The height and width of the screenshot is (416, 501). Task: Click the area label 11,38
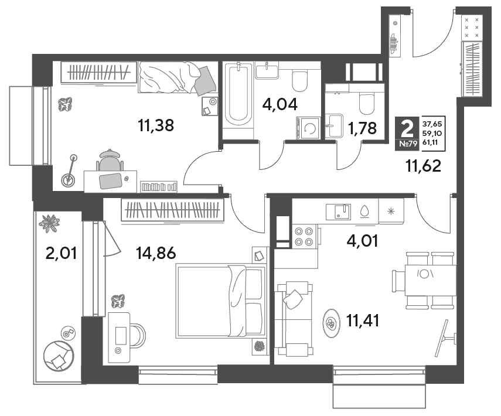(156, 125)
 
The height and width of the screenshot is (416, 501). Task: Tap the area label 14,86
(156, 253)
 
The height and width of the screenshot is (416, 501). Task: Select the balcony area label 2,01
(61, 253)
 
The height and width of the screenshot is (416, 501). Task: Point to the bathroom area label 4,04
(280, 104)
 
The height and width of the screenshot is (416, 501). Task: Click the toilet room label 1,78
(362, 128)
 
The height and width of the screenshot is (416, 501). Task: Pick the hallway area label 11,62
(423, 166)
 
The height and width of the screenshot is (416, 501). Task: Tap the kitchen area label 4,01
(362, 241)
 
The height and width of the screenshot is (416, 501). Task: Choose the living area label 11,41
(363, 320)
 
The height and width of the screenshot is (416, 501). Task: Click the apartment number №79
(408, 144)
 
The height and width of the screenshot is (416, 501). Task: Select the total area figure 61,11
(430, 142)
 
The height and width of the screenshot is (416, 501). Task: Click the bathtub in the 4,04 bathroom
(238, 96)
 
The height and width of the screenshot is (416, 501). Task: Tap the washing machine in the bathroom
(308, 128)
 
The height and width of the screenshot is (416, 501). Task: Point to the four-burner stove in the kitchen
(304, 236)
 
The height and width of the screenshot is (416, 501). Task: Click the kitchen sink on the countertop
(338, 212)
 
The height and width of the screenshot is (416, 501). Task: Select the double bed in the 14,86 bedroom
(221, 301)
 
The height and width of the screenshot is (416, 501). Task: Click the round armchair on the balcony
(59, 356)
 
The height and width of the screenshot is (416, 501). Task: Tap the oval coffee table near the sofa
(331, 323)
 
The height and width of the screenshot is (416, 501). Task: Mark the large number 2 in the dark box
(407, 128)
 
